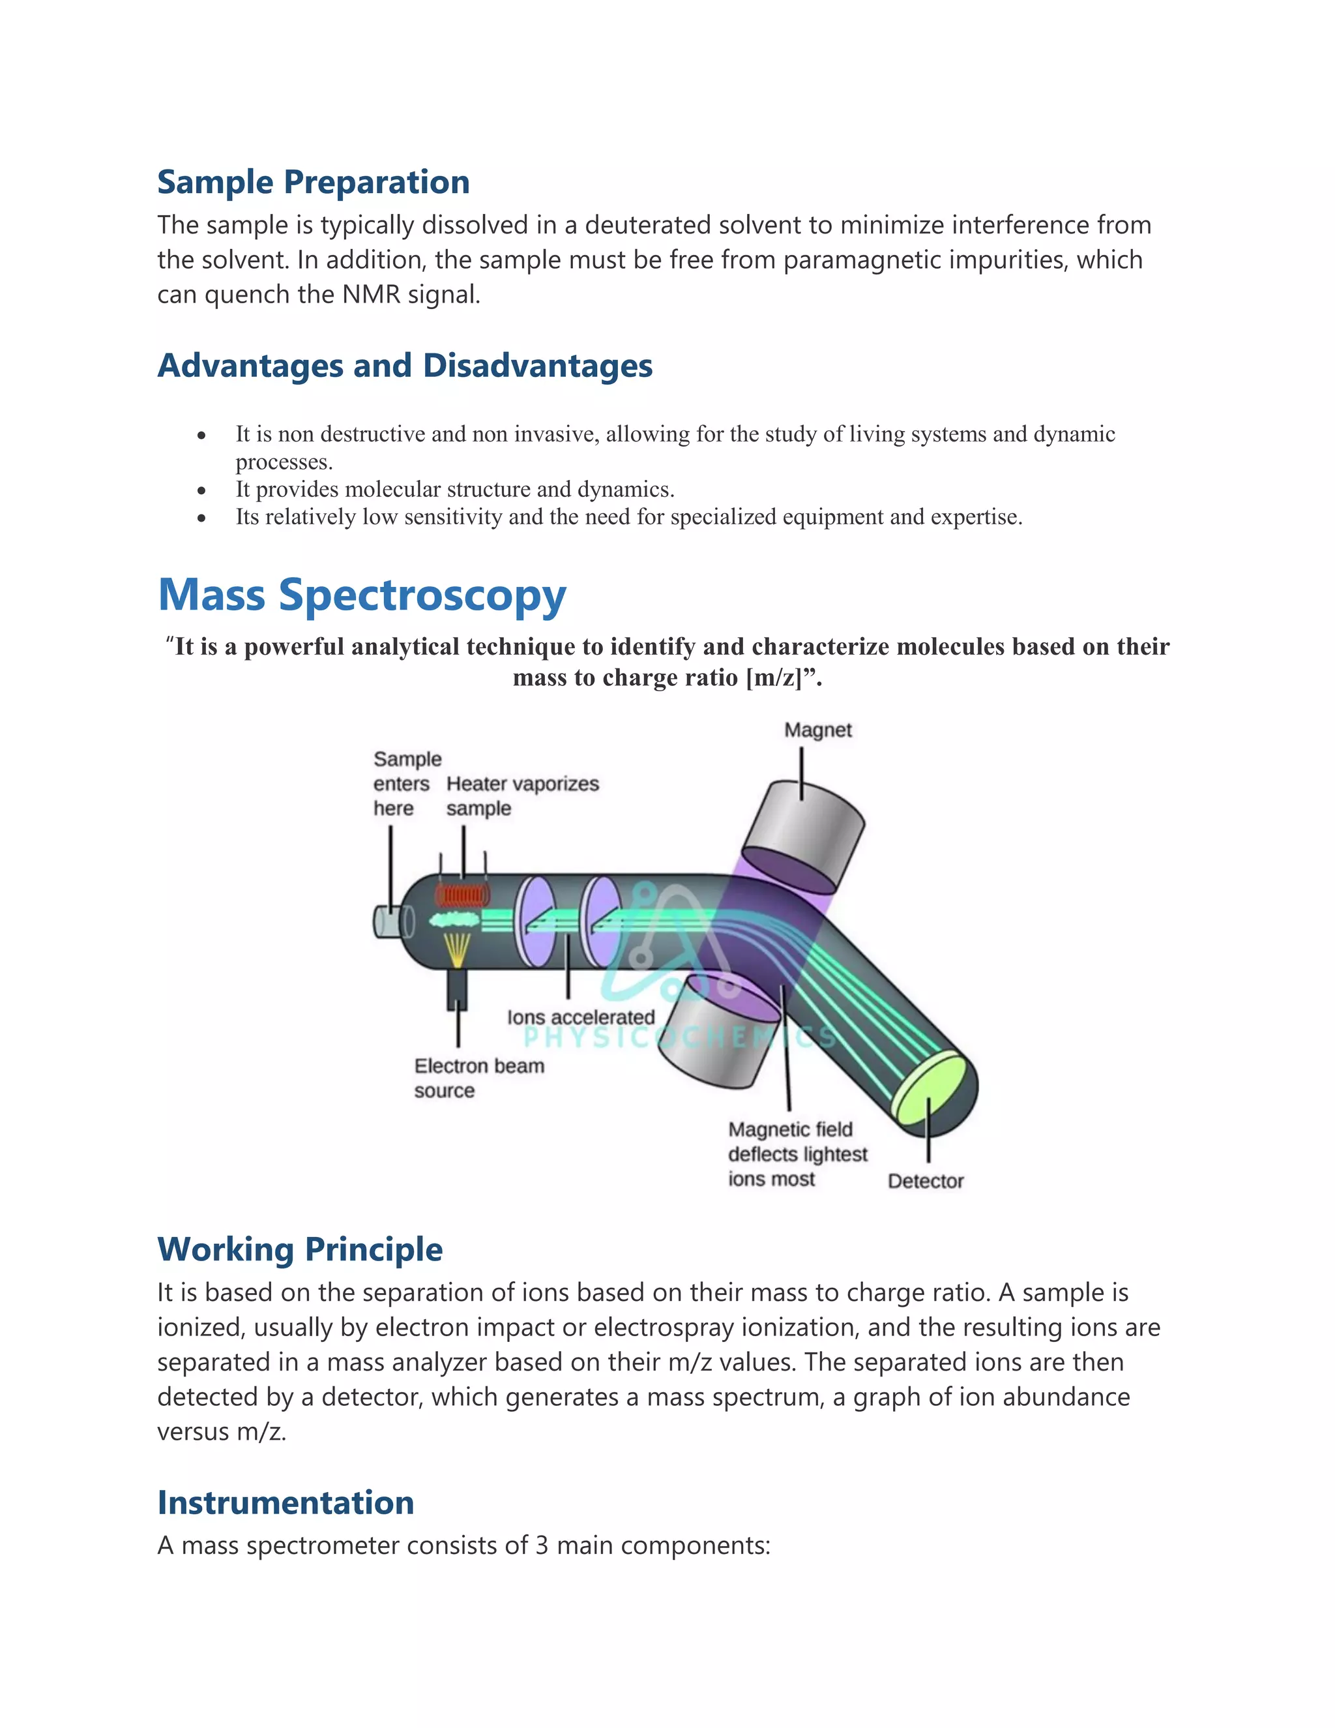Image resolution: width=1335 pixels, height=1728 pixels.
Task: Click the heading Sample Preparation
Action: click(x=313, y=182)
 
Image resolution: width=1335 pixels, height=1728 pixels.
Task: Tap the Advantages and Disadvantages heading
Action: click(x=405, y=366)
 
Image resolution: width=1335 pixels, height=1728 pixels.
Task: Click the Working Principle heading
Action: click(x=300, y=1249)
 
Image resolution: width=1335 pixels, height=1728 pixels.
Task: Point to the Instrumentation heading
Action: click(x=286, y=1502)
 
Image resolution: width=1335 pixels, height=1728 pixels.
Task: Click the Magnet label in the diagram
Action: click(x=818, y=730)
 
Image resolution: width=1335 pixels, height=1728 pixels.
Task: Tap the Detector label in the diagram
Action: click(x=926, y=1182)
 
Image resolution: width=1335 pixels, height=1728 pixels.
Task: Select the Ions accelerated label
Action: click(x=581, y=1017)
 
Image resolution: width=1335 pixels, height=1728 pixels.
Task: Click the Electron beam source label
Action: click(x=478, y=1078)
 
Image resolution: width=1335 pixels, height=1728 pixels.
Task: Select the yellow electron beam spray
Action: click(x=456, y=949)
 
